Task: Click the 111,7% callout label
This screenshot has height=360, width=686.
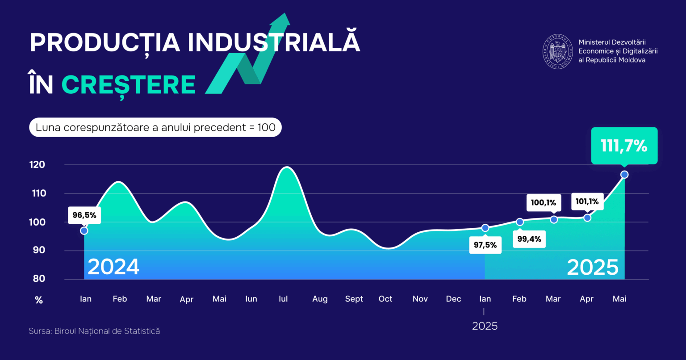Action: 624,146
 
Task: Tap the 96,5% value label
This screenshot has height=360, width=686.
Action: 84,215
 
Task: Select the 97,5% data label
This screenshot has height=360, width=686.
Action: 485,245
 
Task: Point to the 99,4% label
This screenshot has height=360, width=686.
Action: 529,239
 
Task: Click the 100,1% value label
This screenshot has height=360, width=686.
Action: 544,202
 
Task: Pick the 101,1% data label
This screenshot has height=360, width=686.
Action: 587,202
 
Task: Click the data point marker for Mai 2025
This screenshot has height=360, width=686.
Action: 624,175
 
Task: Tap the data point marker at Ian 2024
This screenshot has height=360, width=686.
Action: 84,230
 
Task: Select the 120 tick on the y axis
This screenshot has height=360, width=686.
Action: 38,165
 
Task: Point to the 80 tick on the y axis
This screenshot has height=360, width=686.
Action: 39,279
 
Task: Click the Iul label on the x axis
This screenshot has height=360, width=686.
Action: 283,299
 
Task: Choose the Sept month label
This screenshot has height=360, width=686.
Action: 354,299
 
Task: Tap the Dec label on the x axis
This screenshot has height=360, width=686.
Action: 453,299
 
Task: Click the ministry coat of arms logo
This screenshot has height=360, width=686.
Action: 558,51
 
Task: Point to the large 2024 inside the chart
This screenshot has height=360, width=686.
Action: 113,267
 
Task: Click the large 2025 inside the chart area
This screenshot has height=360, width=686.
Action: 593,267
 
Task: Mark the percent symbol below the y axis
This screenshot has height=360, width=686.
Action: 39,300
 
